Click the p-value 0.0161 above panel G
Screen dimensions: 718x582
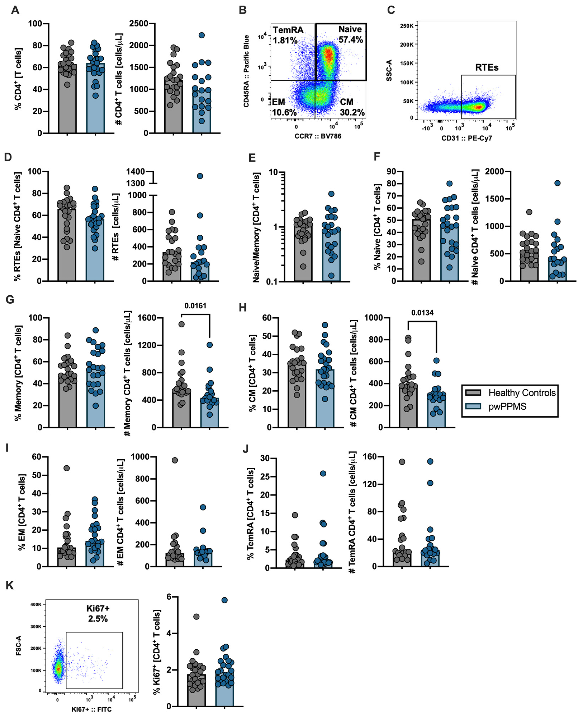[x=195, y=306]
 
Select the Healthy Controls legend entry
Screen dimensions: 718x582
[x=522, y=393]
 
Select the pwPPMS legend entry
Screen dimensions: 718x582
[x=507, y=407]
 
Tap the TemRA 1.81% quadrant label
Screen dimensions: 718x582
[x=288, y=35]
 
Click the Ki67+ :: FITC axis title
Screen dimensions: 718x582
[x=92, y=709]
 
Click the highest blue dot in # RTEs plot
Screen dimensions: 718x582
[x=200, y=176]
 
